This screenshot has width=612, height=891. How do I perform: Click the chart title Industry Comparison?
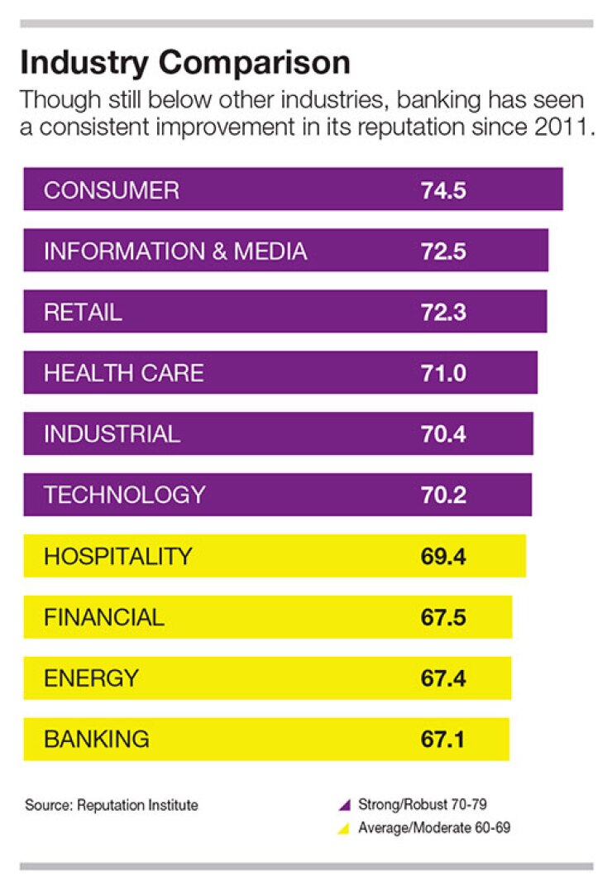(x=184, y=63)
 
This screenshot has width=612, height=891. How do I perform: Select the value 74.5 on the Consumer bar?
(x=443, y=190)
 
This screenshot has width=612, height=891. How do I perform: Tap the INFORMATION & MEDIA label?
(x=175, y=251)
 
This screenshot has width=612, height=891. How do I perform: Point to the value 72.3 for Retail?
(x=443, y=313)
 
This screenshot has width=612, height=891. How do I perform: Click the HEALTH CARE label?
(x=123, y=373)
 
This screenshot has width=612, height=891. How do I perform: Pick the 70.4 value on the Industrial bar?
(x=443, y=434)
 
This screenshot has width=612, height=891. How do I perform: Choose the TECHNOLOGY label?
(x=124, y=495)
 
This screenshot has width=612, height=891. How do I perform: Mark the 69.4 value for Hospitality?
(x=443, y=556)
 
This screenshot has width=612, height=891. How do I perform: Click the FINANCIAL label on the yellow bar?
(x=104, y=617)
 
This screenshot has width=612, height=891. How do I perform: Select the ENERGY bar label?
(x=91, y=678)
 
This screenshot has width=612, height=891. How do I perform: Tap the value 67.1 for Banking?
(x=443, y=739)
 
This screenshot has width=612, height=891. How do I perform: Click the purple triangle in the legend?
(x=346, y=804)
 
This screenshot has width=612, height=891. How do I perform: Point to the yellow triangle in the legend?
(x=346, y=828)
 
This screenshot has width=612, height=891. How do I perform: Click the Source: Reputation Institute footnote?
(x=112, y=804)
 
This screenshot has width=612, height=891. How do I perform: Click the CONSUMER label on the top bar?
(x=111, y=190)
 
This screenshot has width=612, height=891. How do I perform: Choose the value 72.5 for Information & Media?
(x=443, y=251)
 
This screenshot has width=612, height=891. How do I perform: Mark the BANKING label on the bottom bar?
(x=97, y=739)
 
